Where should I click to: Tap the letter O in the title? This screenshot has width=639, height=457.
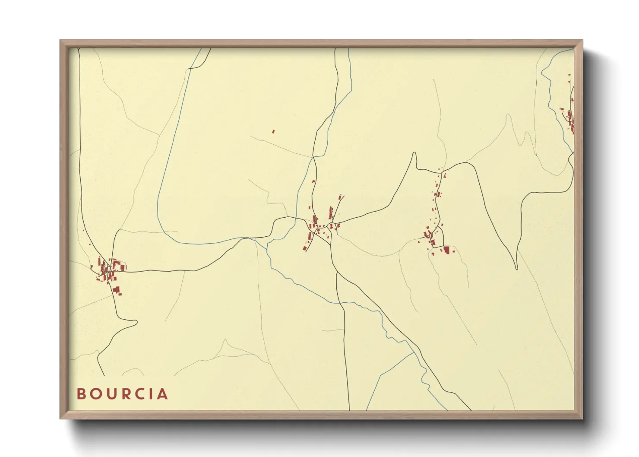pos(96,394)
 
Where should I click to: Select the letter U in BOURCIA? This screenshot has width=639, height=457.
pos(111,394)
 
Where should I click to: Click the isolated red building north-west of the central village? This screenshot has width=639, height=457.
pos(273,131)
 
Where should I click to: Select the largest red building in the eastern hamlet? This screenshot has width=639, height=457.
pos(446,250)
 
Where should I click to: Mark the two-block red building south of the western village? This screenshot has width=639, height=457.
pos(116,290)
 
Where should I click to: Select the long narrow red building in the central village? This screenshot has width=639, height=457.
pos(331,213)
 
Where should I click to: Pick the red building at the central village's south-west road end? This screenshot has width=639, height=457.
pos(304,248)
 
